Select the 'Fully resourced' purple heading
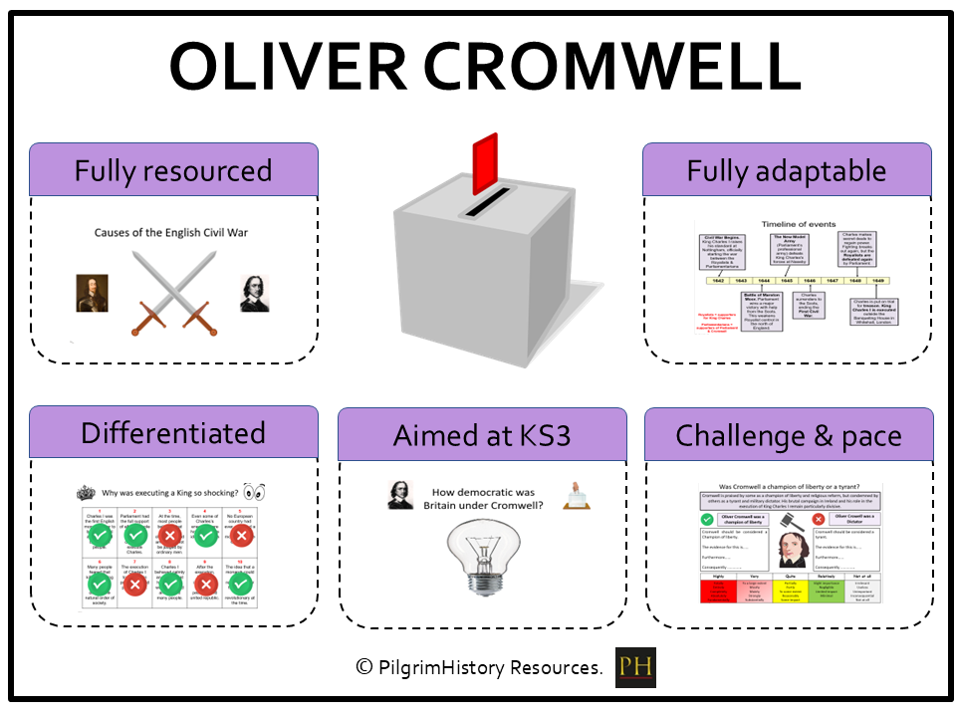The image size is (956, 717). (x=173, y=170)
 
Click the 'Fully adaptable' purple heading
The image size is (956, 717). (x=787, y=170)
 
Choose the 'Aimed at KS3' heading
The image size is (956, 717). (x=482, y=434)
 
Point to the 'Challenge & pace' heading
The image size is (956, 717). (x=788, y=434)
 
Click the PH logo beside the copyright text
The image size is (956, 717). (x=635, y=667)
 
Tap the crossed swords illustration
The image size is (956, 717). (x=174, y=293)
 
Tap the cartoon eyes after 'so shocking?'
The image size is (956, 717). (x=254, y=491)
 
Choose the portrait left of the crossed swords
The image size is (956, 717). (x=92, y=292)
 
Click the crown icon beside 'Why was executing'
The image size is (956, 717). (x=86, y=492)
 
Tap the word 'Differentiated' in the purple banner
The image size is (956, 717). (x=173, y=433)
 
